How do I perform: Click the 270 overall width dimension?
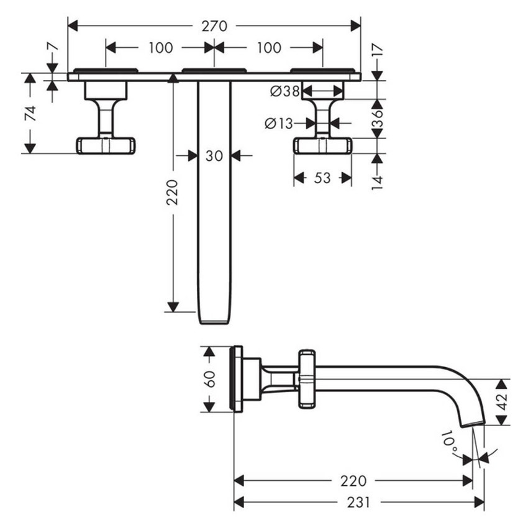214,26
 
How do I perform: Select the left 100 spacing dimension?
160,47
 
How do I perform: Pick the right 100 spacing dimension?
268,47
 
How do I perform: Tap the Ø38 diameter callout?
284,92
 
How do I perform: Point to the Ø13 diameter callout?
278,124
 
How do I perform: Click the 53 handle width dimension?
322,178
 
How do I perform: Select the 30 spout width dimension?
214,156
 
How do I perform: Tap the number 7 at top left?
52,47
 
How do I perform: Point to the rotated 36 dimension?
376,119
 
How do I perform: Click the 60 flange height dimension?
210,379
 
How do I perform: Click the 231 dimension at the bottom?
358,502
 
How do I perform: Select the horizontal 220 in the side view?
353,481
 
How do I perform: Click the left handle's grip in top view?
106,145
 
